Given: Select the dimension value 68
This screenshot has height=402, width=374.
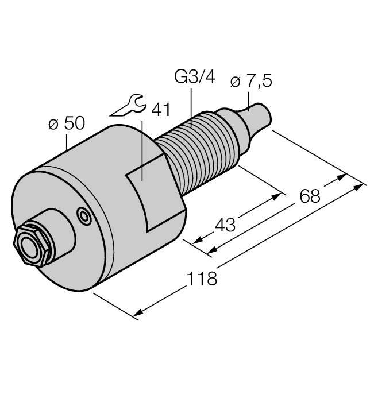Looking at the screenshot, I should point(310,196).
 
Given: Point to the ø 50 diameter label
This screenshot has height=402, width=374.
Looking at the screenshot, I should point(66,123).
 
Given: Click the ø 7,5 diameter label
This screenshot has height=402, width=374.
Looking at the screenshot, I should point(251,82).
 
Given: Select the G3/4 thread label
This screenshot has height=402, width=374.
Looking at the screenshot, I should point(194,78).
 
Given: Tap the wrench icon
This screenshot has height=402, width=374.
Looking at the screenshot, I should point(126,106).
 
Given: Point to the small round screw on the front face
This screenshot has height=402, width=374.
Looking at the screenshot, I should point(84,217).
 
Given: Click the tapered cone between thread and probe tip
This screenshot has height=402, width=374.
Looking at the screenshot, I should point(233,124).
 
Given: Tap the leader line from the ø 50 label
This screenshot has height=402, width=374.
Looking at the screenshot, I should point(69,144).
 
